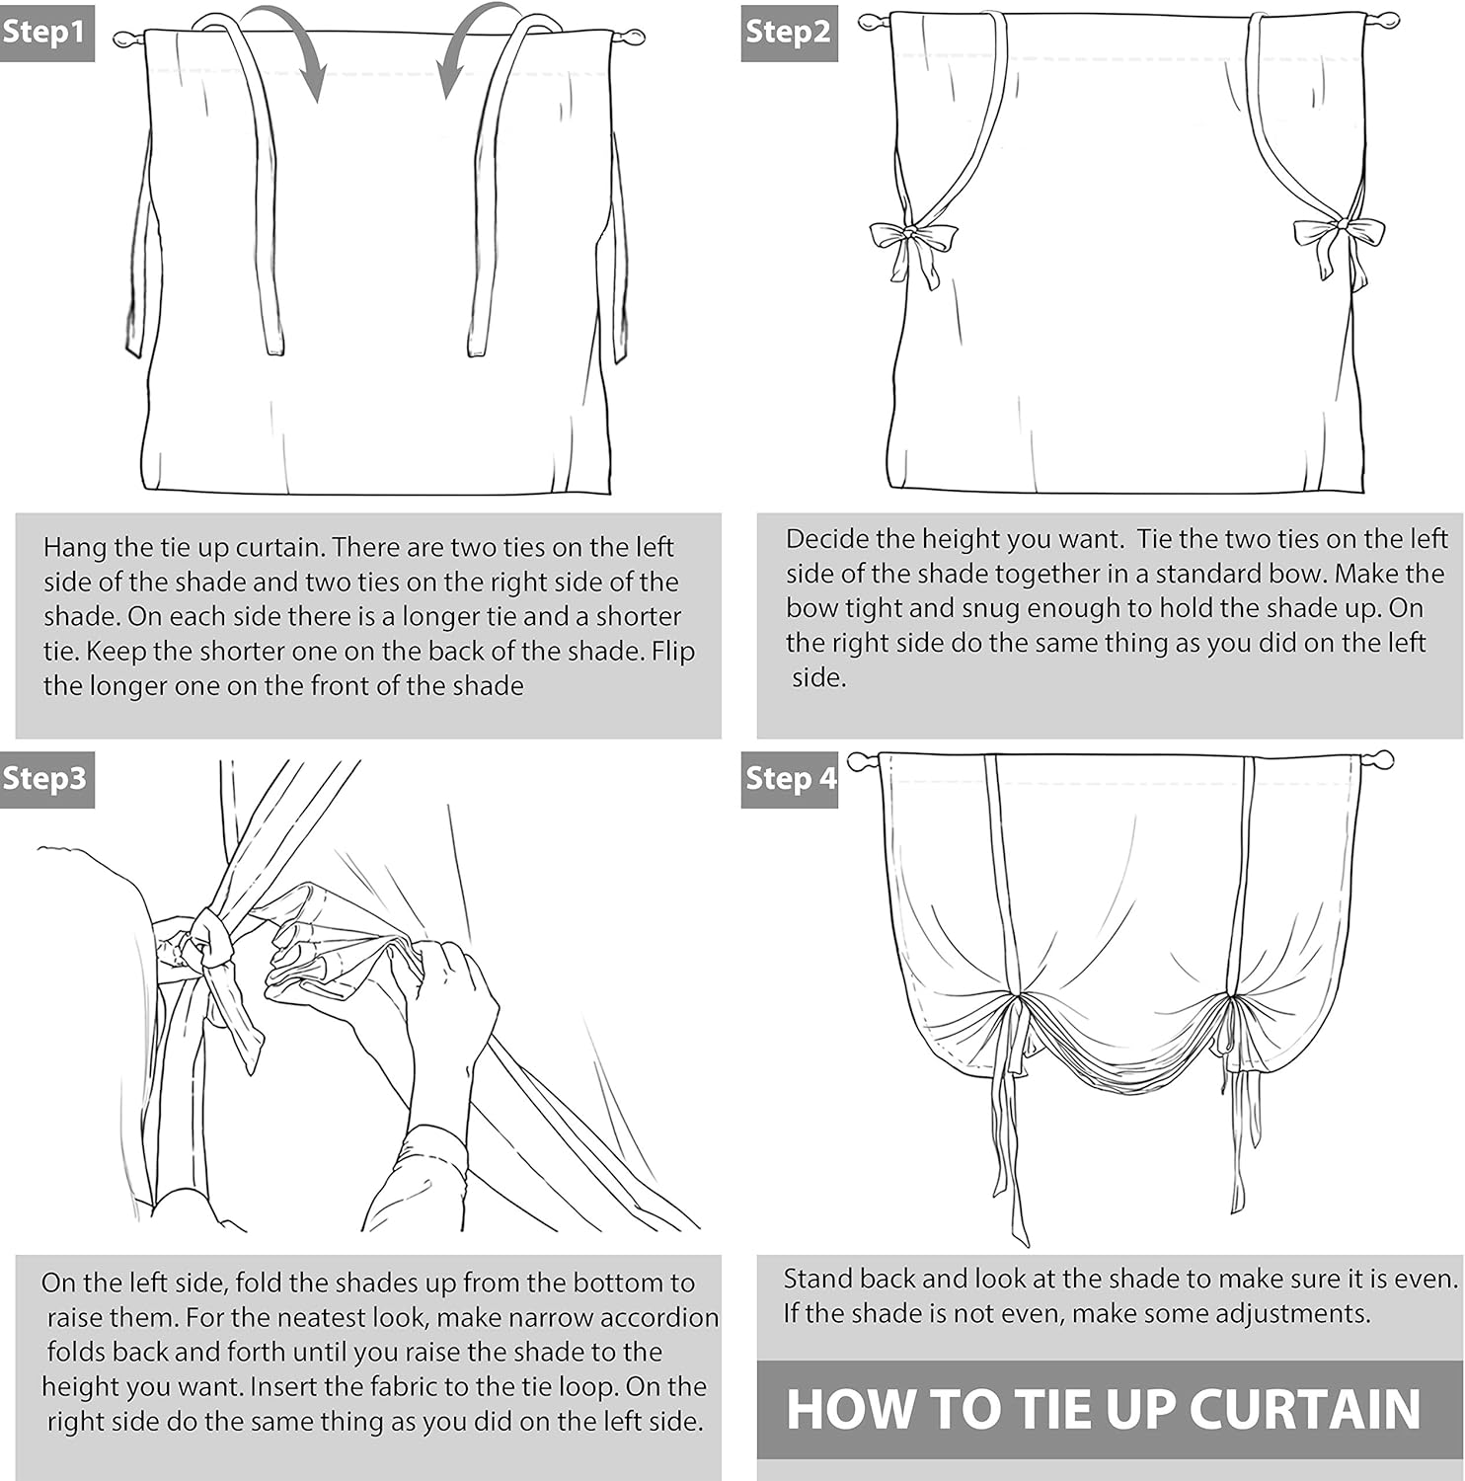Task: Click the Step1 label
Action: click(46, 33)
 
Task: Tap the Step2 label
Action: click(789, 33)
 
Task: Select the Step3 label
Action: click(46, 778)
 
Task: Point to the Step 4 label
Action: click(789, 778)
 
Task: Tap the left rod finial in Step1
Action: click(127, 39)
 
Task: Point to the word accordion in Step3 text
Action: click(659, 1318)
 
